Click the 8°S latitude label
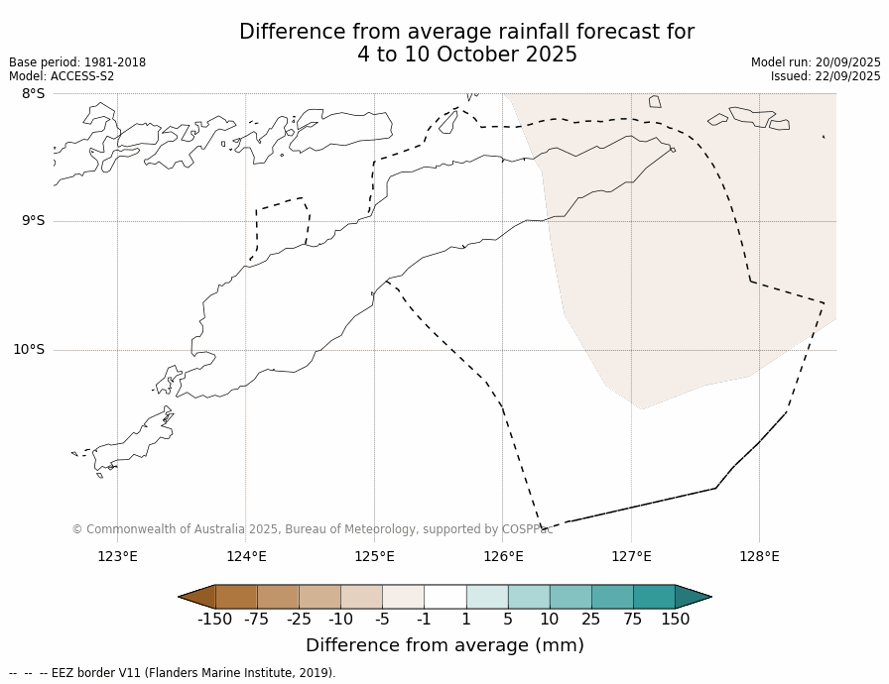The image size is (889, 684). [33, 93]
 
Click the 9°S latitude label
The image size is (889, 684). [33, 221]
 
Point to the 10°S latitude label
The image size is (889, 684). [29, 349]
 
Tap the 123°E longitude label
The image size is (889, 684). [117, 556]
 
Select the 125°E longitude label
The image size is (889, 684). [374, 556]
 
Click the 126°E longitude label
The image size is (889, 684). [503, 556]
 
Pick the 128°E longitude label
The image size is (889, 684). [759, 556]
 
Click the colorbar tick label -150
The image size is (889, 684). [214, 620]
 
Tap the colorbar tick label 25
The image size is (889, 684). [590, 620]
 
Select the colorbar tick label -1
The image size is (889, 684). [424, 620]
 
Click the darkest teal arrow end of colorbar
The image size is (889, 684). [693, 597]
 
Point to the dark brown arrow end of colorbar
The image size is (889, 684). [197, 597]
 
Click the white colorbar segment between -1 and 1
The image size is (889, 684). [444, 597]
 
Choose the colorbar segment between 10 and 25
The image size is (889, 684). [571, 597]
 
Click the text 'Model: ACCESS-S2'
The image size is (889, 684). [62, 76]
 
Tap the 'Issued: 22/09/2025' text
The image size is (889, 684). [825, 76]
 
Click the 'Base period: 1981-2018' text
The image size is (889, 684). [77, 62]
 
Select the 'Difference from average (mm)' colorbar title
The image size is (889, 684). [444, 645]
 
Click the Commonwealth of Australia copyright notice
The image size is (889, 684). [313, 529]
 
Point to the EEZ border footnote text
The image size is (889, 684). [173, 673]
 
